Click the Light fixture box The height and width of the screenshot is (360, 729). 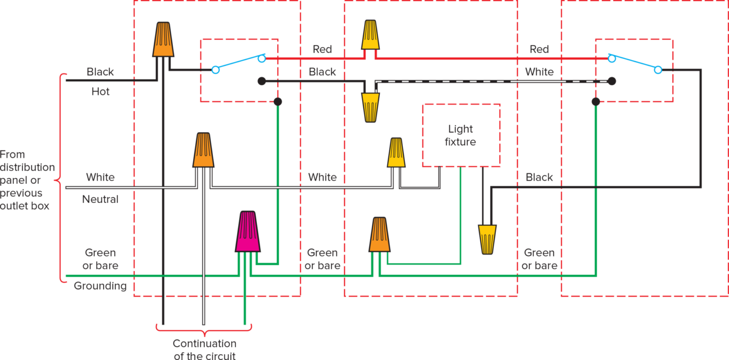(461, 135)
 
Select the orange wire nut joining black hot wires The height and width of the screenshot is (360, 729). (163, 40)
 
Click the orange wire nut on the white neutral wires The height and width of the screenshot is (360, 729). (203, 150)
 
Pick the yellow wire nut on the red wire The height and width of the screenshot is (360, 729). (370, 35)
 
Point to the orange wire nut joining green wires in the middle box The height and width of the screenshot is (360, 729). (379, 235)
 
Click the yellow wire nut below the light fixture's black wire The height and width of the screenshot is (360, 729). (487, 239)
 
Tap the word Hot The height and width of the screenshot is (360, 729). (101, 91)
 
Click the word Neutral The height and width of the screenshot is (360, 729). (100, 199)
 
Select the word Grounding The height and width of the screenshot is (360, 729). (100, 286)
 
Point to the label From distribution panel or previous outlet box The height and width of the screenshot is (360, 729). (27, 180)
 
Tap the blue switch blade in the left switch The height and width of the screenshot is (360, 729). (238, 64)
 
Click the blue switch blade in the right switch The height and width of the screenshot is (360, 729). (635, 64)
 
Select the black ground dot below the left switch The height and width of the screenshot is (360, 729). (278, 102)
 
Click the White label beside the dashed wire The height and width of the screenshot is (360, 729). (539, 72)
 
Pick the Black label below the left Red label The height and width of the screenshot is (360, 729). (322, 72)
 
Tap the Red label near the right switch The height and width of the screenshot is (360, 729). (539, 49)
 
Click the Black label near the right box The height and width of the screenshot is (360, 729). (539, 177)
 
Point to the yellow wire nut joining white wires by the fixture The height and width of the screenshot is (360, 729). (396, 153)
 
